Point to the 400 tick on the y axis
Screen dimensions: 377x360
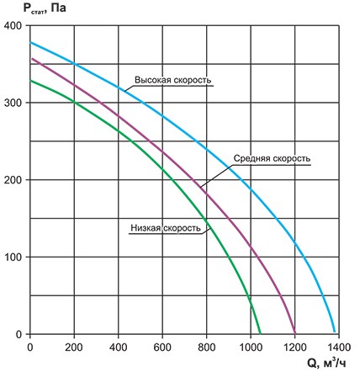coord(14,25)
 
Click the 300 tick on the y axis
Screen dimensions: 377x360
coord(14,103)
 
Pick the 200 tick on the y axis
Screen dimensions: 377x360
coord(14,180)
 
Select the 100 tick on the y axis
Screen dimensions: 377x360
coord(14,258)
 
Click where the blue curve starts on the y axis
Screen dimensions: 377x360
coord(31,42)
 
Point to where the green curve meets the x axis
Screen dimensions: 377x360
coord(262,334)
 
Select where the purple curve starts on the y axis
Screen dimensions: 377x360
coord(31,59)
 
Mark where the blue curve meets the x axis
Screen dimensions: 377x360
coord(335,334)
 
